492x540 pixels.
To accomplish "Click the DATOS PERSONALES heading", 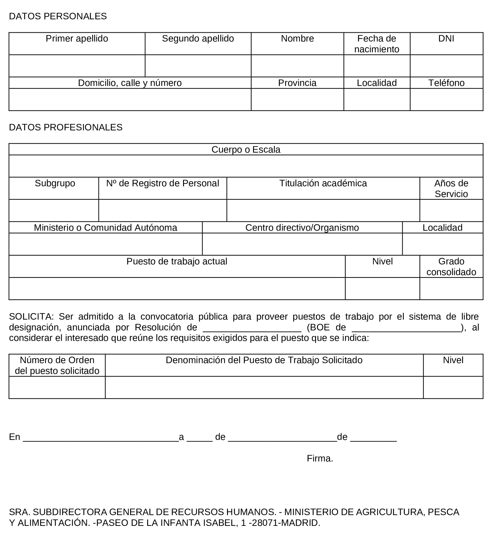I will click(x=58, y=16).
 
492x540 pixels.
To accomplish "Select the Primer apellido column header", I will click(x=77, y=39).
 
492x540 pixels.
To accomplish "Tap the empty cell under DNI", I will click(x=446, y=66).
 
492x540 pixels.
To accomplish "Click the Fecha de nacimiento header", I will click(x=377, y=44).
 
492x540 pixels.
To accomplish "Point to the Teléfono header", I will click(x=446, y=83).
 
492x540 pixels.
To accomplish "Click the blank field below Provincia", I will click(x=297, y=99).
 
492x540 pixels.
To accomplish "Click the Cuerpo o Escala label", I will click(x=246, y=149).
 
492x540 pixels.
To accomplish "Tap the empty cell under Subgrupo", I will click(x=53, y=210).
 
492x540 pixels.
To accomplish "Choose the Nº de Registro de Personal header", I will click(x=162, y=183).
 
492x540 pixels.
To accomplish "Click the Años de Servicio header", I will click(x=451, y=188).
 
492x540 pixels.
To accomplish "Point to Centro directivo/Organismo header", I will click(x=302, y=228).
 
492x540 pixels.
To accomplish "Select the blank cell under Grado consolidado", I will click(x=451, y=289).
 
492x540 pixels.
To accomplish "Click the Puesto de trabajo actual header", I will click(x=177, y=261).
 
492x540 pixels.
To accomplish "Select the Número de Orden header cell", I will click(x=57, y=365).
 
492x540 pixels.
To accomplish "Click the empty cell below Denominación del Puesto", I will click(x=264, y=388).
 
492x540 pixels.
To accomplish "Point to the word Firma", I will click(x=320, y=458).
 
